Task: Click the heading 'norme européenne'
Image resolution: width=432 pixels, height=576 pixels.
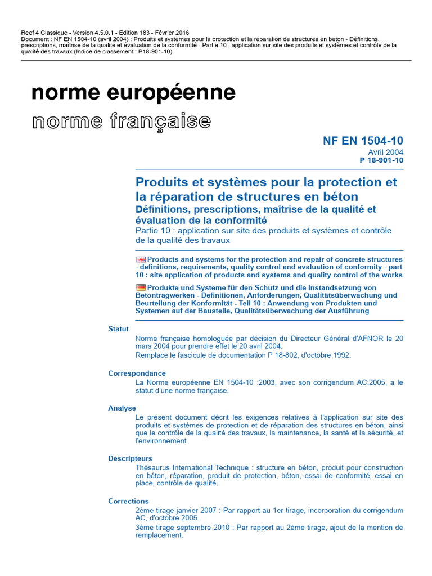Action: click(134, 93)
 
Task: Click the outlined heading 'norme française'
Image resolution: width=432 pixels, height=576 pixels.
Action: click(121, 120)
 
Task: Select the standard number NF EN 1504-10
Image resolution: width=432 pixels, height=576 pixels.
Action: click(363, 141)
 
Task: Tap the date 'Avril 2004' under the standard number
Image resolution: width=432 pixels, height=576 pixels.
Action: click(385, 152)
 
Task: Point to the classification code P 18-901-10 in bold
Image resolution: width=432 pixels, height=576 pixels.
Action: click(381, 160)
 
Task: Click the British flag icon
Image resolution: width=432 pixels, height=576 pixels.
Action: click(141, 259)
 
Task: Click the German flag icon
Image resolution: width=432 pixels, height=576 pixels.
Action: click(141, 287)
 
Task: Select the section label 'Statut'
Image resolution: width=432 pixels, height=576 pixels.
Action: click(118, 329)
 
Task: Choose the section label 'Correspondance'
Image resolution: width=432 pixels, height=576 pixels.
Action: click(137, 373)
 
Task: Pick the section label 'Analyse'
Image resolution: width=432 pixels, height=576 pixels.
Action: click(122, 408)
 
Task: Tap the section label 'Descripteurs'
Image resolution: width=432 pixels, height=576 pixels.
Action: click(130, 458)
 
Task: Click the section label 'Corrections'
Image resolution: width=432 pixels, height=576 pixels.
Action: click(128, 501)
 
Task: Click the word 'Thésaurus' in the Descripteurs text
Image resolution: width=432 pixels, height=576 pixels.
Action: click(152, 467)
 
